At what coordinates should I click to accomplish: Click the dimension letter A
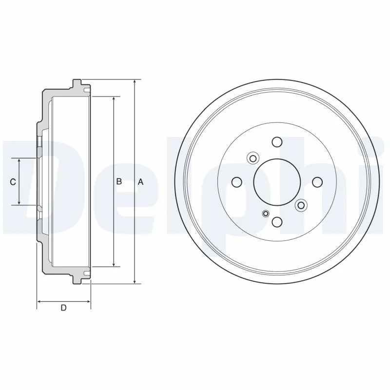click(x=140, y=182)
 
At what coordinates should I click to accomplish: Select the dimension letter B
click(x=118, y=182)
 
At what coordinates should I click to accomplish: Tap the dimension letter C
click(x=13, y=182)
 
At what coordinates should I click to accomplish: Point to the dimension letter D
click(x=63, y=308)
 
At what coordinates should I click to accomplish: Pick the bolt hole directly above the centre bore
click(x=277, y=142)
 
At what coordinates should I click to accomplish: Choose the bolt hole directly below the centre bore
click(x=277, y=222)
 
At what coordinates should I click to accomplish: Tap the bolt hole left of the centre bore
click(x=237, y=182)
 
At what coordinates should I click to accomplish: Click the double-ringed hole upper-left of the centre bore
click(x=253, y=158)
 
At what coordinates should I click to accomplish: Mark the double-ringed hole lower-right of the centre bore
click(x=301, y=205)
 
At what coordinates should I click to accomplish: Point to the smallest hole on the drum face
click(x=266, y=213)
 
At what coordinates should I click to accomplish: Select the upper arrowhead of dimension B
click(x=114, y=99)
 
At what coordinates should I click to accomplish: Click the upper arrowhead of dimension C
click(x=19, y=161)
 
